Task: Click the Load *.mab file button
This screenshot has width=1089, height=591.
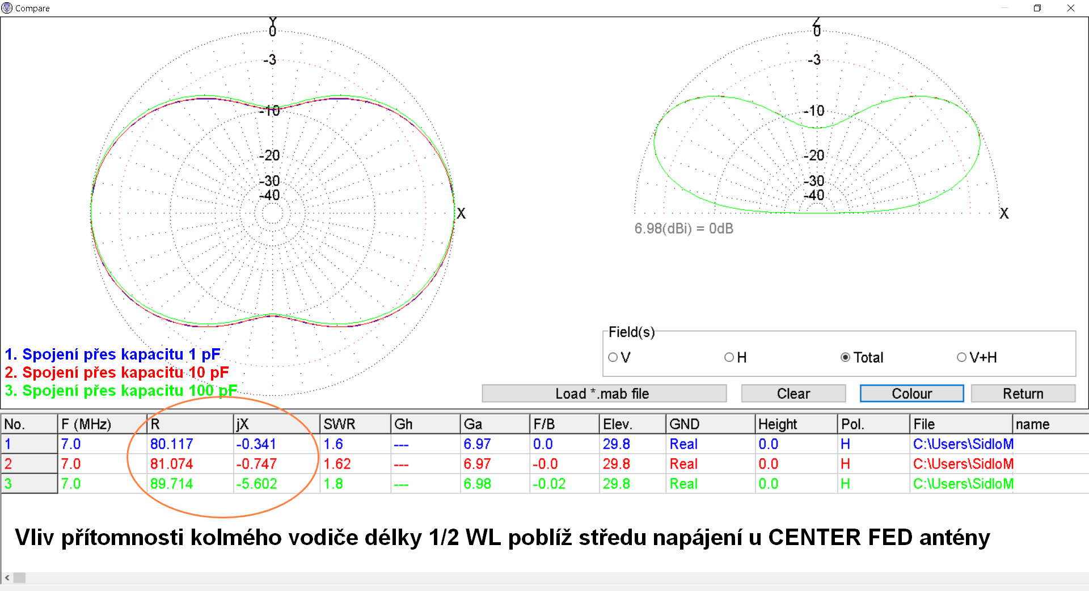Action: (603, 394)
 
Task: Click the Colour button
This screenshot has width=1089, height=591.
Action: (911, 394)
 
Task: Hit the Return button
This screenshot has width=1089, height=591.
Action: (1023, 394)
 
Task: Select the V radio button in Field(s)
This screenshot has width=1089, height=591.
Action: (613, 357)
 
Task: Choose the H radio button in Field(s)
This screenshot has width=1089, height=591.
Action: (729, 357)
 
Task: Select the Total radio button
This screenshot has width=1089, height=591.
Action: (846, 357)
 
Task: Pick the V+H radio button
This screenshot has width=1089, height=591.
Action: (962, 357)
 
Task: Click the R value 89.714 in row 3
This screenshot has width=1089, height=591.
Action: (171, 484)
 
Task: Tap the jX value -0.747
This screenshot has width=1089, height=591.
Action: (256, 464)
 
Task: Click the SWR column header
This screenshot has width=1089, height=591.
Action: (339, 424)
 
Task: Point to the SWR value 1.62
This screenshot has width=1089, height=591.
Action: (337, 464)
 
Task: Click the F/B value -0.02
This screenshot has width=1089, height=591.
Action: (549, 484)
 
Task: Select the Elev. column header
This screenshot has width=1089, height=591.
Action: (617, 424)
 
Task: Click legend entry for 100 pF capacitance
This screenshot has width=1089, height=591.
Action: (121, 391)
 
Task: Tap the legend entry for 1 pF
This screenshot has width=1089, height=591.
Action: (112, 354)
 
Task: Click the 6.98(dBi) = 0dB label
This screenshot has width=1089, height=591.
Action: (683, 229)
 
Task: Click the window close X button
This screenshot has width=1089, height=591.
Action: (1071, 8)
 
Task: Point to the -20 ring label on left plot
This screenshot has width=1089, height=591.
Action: (269, 155)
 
